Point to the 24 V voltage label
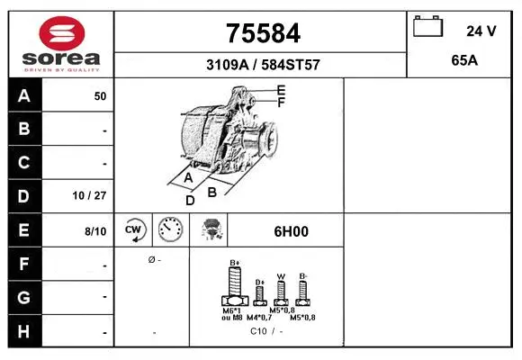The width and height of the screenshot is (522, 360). tap(481, 31)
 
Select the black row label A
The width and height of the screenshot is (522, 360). tap(24, 96)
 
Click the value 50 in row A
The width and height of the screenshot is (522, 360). tap(100, 96)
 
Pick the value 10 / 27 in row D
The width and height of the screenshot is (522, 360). tap(93, 195)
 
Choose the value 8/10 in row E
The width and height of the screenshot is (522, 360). tap(94, 231)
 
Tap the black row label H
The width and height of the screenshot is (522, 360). tap(24, 330)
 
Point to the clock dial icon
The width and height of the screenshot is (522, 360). tap(170, 230)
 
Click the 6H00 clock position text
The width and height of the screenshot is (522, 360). tap(291, 231)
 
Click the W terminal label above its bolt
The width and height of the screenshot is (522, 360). tap(281, 276)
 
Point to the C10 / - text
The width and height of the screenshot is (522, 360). tap(266, 331)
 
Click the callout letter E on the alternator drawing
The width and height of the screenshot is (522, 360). tap(281, 90)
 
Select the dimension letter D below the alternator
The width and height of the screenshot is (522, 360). tap(190, 200)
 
